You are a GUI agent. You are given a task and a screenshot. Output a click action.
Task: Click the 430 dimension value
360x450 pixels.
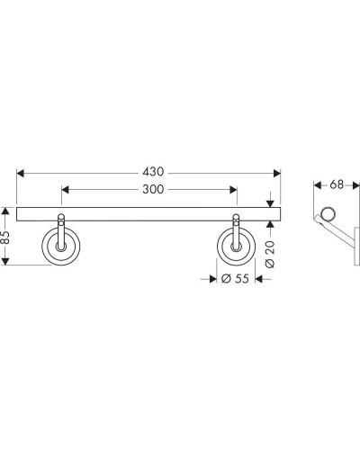(x=153, y=172)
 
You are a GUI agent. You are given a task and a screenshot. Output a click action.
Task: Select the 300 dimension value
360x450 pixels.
(x=153, y=189)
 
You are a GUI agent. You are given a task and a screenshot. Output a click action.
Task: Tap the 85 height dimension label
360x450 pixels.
(x=4, y=238)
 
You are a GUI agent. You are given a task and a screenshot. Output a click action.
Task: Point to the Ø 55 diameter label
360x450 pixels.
(x=235, y=279)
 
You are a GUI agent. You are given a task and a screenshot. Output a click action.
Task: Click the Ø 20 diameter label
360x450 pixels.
(x=270, y=254)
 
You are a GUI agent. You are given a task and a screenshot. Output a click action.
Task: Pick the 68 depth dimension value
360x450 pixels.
(x=337, y=184)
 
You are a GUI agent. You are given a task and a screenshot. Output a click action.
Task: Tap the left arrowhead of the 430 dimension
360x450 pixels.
(x=20, y=173)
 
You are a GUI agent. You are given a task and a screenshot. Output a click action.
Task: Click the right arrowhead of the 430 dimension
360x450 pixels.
(x=277, y=173)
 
